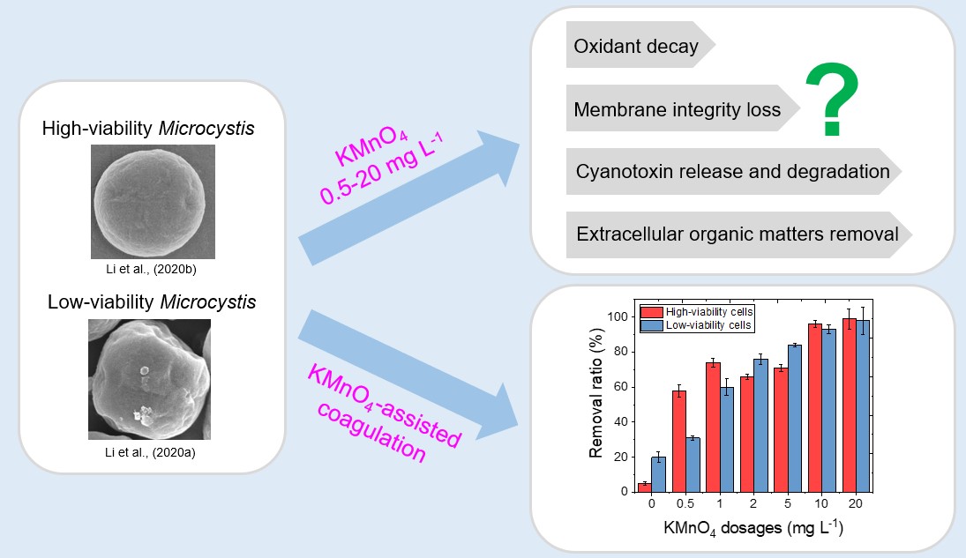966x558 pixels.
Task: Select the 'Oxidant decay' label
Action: [x=635, y=47]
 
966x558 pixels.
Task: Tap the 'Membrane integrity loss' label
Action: [x=677, y=109]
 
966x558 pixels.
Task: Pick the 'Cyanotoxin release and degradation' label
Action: [x=732, y=171]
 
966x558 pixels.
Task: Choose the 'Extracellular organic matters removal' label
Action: [x=737, y=234]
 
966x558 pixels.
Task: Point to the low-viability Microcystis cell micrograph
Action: [x=149, y=379]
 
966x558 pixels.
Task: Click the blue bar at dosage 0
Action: [x=658, y=474]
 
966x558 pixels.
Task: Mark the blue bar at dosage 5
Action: [x=795, y=418]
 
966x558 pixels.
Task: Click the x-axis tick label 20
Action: [x=856, y=505]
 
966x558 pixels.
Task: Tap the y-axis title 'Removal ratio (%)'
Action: [x=596, y=401]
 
